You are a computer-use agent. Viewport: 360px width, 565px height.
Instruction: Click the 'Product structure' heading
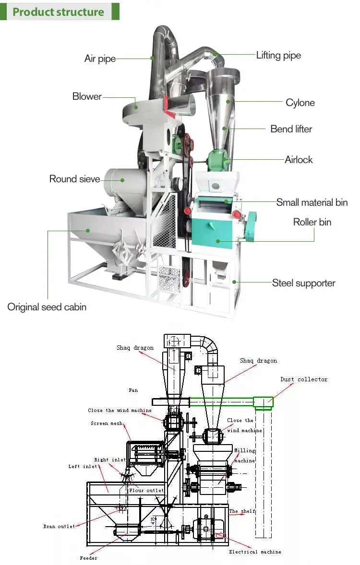[x=58, y=12]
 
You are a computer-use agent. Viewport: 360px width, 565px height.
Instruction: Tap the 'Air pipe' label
[x=100, y=59]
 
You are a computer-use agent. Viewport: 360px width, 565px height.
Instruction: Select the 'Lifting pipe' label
[x=278, y=55]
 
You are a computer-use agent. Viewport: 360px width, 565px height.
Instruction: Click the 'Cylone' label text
[x=300, y=103]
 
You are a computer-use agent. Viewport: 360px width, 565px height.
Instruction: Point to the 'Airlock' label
[x=299, y=160]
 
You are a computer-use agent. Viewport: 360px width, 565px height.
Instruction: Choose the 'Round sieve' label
[x=75, y=179]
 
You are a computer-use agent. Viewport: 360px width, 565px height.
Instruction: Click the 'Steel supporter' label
[x=304, y=283]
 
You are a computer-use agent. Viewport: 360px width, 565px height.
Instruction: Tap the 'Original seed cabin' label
[x=47, y=307]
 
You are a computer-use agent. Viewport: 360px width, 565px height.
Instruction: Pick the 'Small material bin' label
[x=312, y=202]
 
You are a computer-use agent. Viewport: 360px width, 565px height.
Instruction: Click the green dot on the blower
[x=136, y=107]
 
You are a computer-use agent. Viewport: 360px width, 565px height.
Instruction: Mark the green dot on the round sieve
[x=123, y=180]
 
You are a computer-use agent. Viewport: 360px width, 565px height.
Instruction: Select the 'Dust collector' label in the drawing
[x=304, y=379]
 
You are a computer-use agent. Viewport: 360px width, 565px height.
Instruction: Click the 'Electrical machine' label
[x=255, y=552]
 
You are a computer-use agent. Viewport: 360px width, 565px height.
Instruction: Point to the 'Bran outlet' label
[x=59, y=527]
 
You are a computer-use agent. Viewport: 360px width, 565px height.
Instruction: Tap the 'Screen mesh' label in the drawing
[x=107, y=424]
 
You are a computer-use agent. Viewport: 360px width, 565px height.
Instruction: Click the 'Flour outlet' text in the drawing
[x=146, y=490]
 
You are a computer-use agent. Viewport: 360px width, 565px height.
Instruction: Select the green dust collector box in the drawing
[x=264, y=403]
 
